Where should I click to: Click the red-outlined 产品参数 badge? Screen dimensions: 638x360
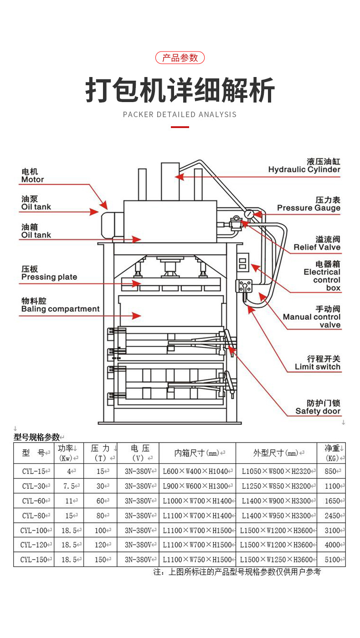tap(180, 58)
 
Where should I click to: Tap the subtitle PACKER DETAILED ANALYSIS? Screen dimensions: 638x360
tap(180, 114)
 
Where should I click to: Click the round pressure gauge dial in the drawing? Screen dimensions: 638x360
tap(249, 214)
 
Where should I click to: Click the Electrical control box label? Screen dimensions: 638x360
tap(322, 276)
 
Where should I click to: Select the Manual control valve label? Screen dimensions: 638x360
tap(312, 317)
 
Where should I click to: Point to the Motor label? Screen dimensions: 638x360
tap(33, 175)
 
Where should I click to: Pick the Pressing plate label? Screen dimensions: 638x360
tap(49, 273)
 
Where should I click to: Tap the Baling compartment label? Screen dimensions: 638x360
tap(60, 305)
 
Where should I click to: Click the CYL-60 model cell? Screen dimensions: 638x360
tap(34, 501)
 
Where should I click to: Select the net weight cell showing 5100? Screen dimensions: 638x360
tap(332, 560)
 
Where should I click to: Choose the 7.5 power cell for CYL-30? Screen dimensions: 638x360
tap(69, 486)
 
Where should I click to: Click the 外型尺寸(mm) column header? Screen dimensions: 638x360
tap(276, 453)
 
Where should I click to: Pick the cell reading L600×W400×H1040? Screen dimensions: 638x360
tap(197, 472)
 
